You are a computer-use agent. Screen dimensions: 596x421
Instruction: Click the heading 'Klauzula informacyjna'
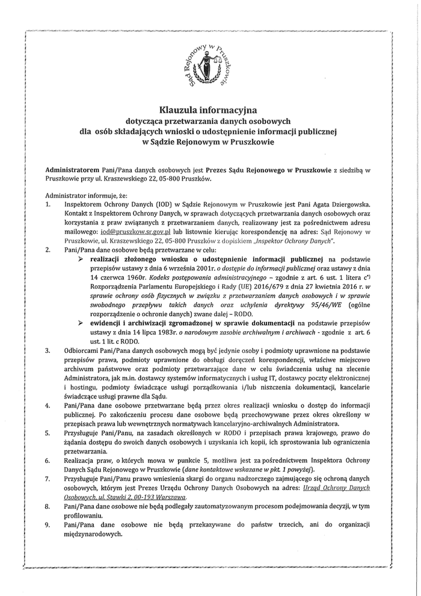(x=207, y=110)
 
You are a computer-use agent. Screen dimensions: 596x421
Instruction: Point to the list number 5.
(x=48, y=433)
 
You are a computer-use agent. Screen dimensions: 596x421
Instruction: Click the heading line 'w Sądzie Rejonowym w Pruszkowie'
(x=207, y=143)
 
